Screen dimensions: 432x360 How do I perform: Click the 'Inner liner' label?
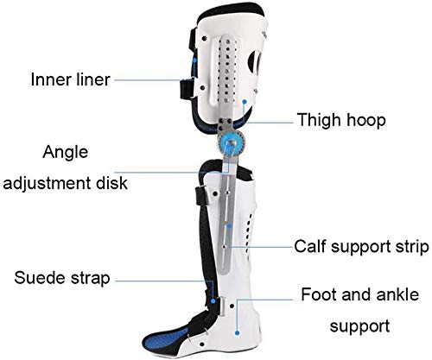(x=70, y=79)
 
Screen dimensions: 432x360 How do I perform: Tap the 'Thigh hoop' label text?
(x=341, y=120)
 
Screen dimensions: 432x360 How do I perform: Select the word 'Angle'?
(x=66, y=153)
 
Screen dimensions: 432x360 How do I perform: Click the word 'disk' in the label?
(x=111, y=182)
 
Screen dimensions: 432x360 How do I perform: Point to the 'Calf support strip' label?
(x=361, y=247)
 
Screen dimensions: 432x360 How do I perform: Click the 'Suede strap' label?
(x=62, y=278)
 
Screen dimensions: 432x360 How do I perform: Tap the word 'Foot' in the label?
(x=316, y=294)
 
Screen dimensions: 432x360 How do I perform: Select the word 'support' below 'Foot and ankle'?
(x=359, y=326)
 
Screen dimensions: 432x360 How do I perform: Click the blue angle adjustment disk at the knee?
(x=231, y=143)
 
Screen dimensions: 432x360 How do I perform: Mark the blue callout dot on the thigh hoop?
(x=245, y=102)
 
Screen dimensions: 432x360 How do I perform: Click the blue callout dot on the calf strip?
(x=229, y=226)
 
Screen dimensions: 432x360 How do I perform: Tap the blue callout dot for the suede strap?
(x=213, y=301)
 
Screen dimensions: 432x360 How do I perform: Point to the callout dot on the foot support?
(x=237, y=333)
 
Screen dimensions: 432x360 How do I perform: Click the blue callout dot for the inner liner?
(x=194, y=60)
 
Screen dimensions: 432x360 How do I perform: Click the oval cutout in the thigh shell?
(x=255, y=62)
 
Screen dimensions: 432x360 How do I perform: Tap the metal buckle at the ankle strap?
(x=223, y=306)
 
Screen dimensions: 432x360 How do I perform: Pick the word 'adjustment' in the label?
(x=48, y=183)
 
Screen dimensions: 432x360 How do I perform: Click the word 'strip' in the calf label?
(x=414, y=247)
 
